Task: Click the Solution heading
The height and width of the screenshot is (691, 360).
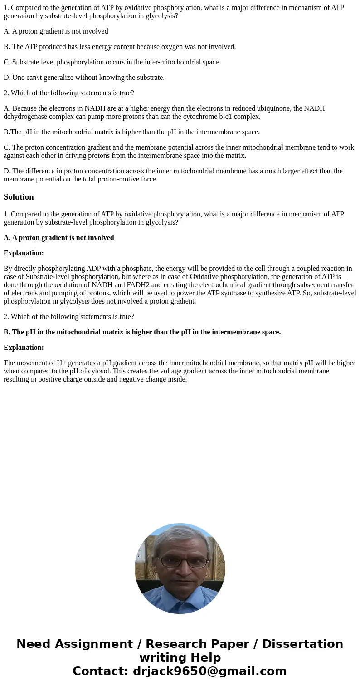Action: pos(19,197)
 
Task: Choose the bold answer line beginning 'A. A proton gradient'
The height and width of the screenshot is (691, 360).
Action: pos(59,238)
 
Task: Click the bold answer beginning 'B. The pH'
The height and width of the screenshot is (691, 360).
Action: pos(142,332)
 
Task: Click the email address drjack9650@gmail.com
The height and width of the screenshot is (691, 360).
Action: pos(209,671)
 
